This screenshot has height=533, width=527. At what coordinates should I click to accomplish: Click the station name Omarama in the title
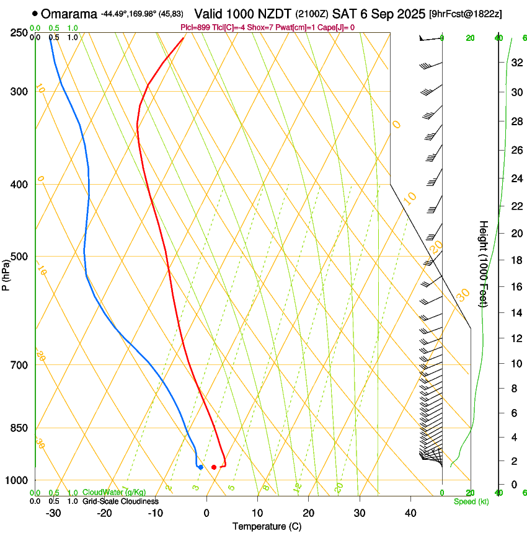coord(69,13)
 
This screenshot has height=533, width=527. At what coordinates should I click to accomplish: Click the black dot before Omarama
coord(35,13)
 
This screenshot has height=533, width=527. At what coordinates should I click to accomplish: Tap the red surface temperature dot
coord(214,467)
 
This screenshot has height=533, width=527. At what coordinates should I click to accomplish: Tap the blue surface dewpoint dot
coord(200,467)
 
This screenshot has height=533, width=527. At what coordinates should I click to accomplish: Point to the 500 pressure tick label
coord(19,257)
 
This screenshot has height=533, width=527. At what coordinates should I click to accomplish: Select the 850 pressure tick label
coord(19,428)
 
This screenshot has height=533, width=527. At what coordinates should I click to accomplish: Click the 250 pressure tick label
coord(19,32)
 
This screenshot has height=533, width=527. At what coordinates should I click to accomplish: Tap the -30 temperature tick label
coord(53,513)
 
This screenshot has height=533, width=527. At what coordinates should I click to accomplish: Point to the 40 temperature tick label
coord(410,513)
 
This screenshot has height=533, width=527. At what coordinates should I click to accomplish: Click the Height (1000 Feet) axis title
coord(484,263)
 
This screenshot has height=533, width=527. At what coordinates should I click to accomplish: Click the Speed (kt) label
coord(471,501)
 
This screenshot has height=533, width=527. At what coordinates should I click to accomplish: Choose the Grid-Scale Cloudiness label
coord(120,501)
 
